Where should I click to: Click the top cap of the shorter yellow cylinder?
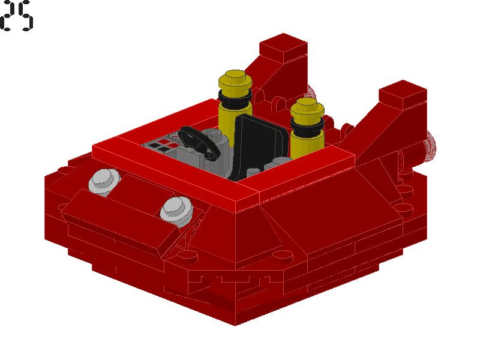pyautogui.click(x=307, y=108)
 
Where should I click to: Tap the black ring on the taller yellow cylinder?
pyautogui.click(x=235, y=98)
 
